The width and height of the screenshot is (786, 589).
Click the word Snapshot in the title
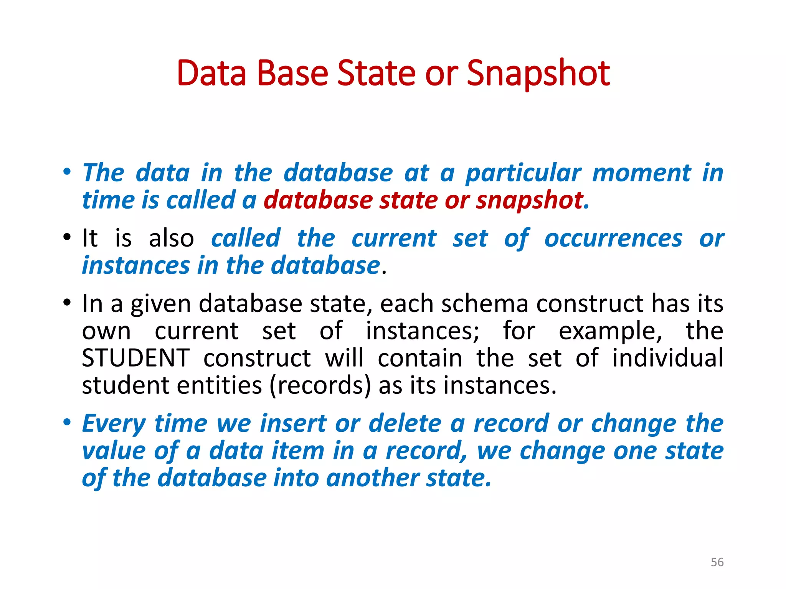(x=538, y=74)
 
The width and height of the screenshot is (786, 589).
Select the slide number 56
(x=717, y=562)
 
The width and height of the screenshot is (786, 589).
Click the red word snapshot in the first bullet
(x=530, y=201)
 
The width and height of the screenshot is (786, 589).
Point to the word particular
(x=523, y=173)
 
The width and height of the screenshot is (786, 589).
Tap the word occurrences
(x=613, y=239)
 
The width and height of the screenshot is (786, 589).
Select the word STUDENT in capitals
(x=136, y=358)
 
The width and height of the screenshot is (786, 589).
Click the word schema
(x=485, y=304)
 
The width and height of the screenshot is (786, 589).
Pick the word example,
(x=610, y=331)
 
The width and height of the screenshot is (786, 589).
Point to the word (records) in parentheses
(x=320, y=385)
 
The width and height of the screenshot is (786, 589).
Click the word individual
(x=667, y=358)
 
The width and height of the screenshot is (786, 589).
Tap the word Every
(x=114, y=424)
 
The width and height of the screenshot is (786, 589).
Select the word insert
(x=293, y=424)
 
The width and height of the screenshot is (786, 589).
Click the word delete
(x=405, y=424)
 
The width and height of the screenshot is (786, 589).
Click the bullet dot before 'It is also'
(x=67, y=237)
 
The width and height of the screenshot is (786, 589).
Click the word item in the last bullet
(x=298, y=451)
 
